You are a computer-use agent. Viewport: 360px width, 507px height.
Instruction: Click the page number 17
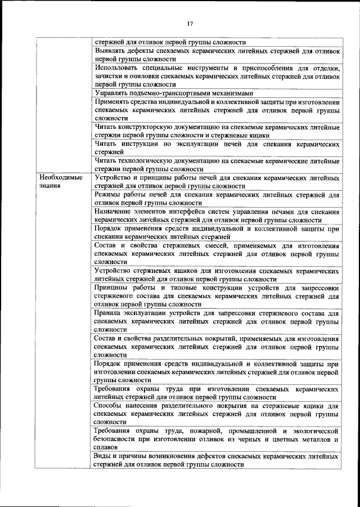click(x=190, y=24)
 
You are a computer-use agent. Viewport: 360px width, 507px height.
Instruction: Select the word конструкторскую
click(x=146, y=128)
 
